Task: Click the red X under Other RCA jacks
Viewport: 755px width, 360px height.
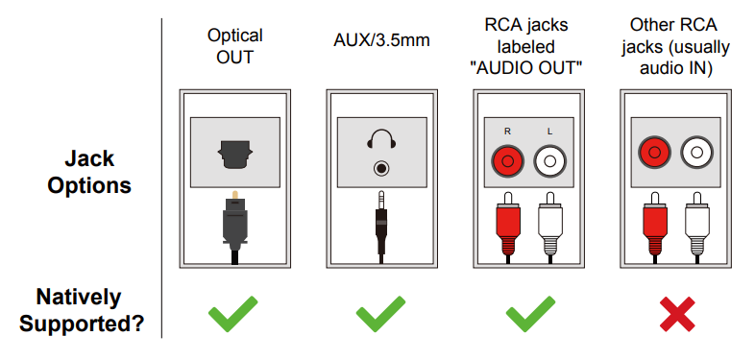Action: (675, 315)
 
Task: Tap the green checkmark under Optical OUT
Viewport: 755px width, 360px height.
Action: (233, 315)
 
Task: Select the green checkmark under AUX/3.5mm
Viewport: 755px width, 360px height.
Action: (381, 315)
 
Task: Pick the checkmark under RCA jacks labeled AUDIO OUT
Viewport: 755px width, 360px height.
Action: (528, 315)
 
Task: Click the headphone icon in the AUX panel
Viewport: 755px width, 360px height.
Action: (381, 142)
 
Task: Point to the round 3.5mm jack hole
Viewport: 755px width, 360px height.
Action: (381, 169)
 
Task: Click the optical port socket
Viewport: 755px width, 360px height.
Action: (233, 154)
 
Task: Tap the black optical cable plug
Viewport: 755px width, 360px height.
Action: (233, 221)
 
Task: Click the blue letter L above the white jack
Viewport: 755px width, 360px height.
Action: (550, 130)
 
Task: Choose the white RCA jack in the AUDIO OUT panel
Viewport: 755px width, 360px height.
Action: (550, 159)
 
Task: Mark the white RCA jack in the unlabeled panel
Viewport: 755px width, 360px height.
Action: (697, 151)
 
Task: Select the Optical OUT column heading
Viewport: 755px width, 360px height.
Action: (234, 45)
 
